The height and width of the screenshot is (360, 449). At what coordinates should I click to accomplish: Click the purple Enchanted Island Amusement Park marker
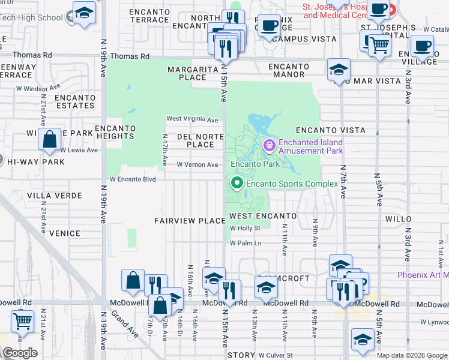pos(269,145)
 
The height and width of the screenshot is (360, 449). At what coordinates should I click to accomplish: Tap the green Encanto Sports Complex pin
pos(237,184)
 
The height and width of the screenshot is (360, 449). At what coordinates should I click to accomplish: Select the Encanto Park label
pos(255,164)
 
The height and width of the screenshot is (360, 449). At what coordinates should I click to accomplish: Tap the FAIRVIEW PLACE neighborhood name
pos(190,221)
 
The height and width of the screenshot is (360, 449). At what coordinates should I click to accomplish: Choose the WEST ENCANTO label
pos(263,216)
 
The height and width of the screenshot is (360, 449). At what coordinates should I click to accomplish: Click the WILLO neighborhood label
pos(400,220)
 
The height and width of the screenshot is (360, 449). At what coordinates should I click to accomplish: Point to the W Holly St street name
pos(246,228)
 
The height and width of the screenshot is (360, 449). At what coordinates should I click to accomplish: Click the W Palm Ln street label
pos(246,243)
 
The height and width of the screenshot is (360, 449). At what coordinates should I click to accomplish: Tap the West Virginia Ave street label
pos(192,119)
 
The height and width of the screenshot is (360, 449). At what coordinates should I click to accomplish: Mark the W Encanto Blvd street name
pos(132,179)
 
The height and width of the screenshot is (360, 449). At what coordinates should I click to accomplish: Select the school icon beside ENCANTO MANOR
pos(339,70)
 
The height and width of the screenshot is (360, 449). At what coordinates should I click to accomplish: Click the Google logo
pos(20,353)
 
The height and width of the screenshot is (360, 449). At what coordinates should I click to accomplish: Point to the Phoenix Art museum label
pos(423,275)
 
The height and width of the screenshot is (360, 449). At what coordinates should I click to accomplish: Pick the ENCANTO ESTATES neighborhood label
pos(75,101)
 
